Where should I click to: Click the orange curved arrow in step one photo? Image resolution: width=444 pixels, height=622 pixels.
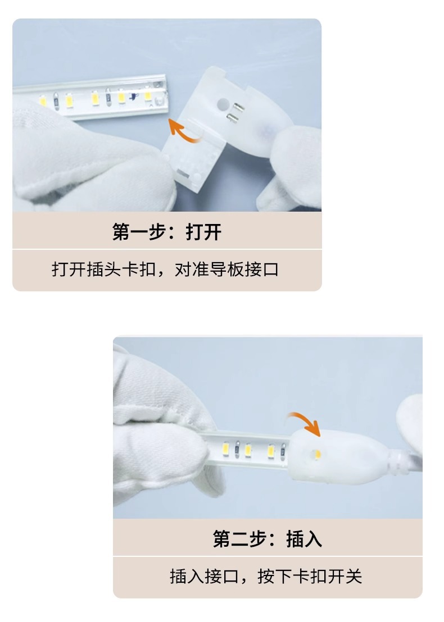pos(184,129)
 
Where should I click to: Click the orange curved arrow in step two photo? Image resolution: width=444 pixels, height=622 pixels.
pos(306,423)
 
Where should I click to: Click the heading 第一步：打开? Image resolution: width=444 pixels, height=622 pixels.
pos(167,232)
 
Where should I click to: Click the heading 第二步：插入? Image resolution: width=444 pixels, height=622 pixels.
pos(268,539)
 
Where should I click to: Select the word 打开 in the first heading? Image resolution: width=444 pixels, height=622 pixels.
pos(203,232)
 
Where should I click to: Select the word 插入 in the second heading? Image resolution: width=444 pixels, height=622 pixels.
pos(304,539)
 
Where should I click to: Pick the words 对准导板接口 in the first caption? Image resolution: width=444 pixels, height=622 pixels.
pos(227,269)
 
